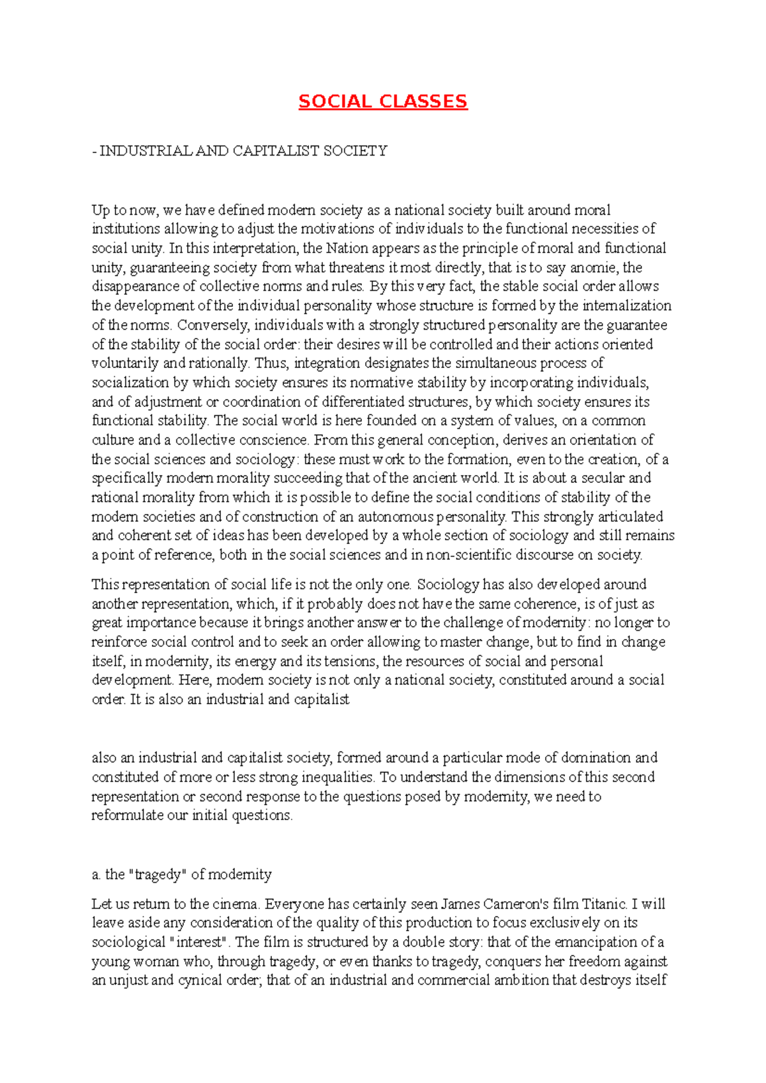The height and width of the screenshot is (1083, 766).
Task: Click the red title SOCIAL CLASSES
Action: click(x=383, y=101)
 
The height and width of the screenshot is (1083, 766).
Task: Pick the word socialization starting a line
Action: click(x=131, y=383)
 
